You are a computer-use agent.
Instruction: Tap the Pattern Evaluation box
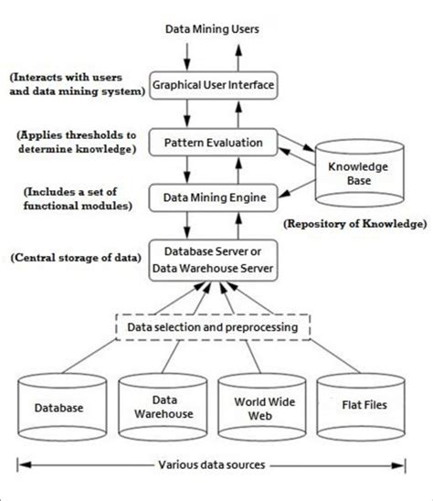point(215,143)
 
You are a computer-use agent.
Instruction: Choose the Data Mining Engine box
point(215,195)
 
